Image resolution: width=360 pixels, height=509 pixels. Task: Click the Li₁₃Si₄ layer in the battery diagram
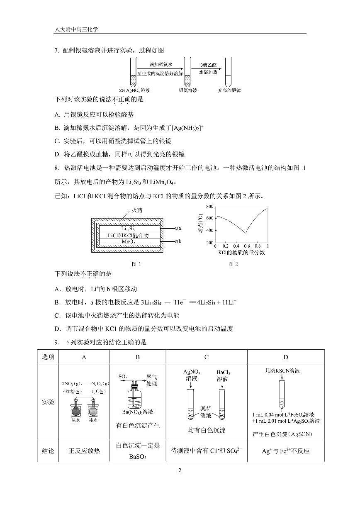(x=128, y=229)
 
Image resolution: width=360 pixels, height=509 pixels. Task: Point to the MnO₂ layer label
(x=128, y=241)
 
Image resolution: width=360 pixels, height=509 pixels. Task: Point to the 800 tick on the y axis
(x=209, y=206)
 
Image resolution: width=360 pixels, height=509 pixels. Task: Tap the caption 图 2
(x=234, y=264)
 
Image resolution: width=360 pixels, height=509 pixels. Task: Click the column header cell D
(x=286, y=357)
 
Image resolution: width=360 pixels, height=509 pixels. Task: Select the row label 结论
(x=48, y=451)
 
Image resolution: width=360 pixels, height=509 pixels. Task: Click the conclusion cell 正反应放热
(x=84, y=451)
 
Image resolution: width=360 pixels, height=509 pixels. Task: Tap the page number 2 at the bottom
(x=180, y=470)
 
